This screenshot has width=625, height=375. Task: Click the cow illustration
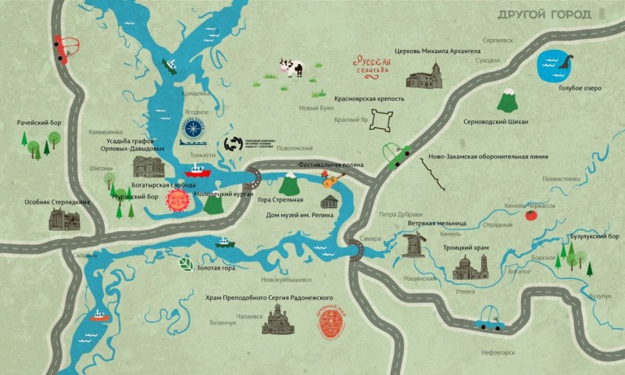[291, 68]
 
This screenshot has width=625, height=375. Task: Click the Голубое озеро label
[580, 88]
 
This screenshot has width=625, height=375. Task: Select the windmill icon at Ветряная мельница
[413, 244]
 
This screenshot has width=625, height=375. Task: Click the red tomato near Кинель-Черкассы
[531, 215]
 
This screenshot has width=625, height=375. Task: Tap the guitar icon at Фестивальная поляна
[331, 182]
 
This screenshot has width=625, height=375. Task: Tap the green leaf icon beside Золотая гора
[186, 264]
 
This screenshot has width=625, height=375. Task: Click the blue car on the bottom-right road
[491, 316]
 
